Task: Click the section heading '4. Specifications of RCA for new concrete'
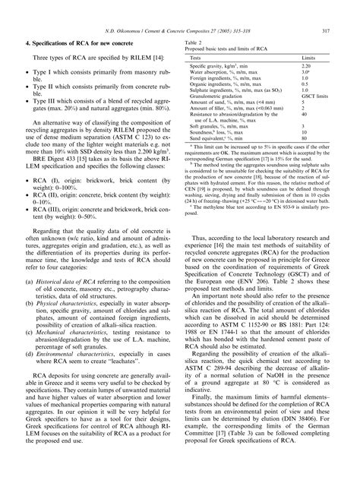coord(89,48)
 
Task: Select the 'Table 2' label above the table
coord(197,44)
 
